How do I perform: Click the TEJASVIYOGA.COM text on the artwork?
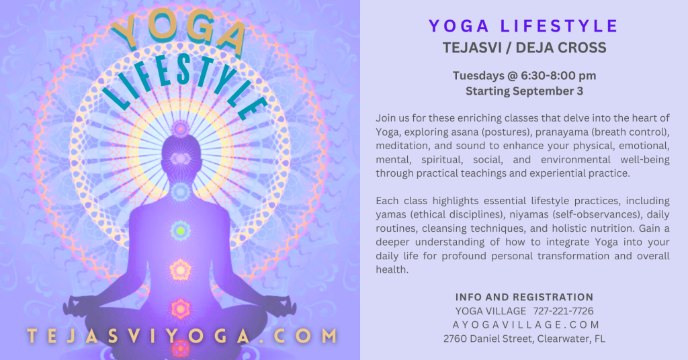click(182, 336)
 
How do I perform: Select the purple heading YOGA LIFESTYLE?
click(523, 26)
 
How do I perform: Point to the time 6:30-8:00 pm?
click(558, 76)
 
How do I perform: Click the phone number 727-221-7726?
click(564, 312)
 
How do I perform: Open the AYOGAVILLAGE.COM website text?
click(525, 325)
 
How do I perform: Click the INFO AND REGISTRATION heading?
click(524, 298)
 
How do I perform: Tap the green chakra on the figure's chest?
click(180, 230)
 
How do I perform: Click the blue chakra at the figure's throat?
click(180, 191)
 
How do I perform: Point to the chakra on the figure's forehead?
click(180, 159)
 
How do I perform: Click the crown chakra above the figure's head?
click(180, 128)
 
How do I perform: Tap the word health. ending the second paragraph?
click(392, 270)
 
